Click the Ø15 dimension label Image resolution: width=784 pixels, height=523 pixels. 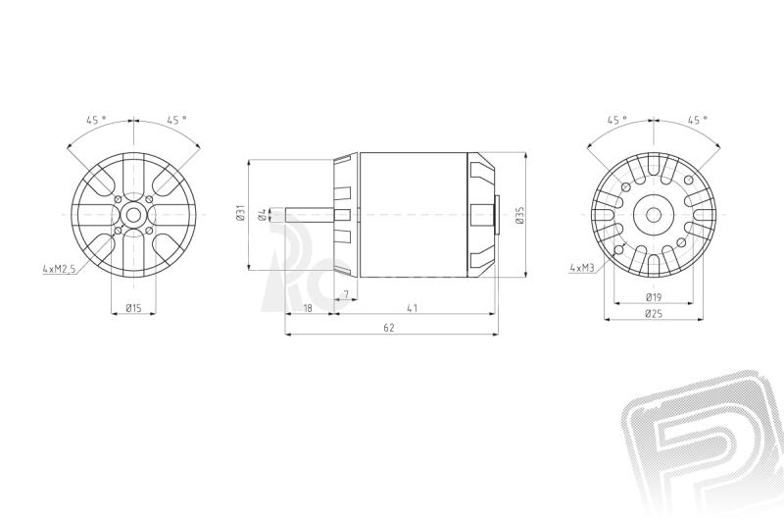click(x=133, y=308)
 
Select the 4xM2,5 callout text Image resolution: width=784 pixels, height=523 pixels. click(x=59, y=269)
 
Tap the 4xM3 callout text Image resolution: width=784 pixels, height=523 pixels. click(x=581, y=268)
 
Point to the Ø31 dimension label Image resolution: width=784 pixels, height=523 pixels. click(x=240, y=213)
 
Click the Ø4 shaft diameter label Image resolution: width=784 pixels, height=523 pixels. click(x=262, y=215)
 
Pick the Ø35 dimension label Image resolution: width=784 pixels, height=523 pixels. click(x=520, y=215)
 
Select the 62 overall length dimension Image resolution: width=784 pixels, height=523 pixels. click(x=389, y=328)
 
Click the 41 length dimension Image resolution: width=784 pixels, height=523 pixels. click(x=412, y=308)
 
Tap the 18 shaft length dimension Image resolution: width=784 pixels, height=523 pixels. click(x=308, y=308)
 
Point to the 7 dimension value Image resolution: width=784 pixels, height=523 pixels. click(x=346, y=293)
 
